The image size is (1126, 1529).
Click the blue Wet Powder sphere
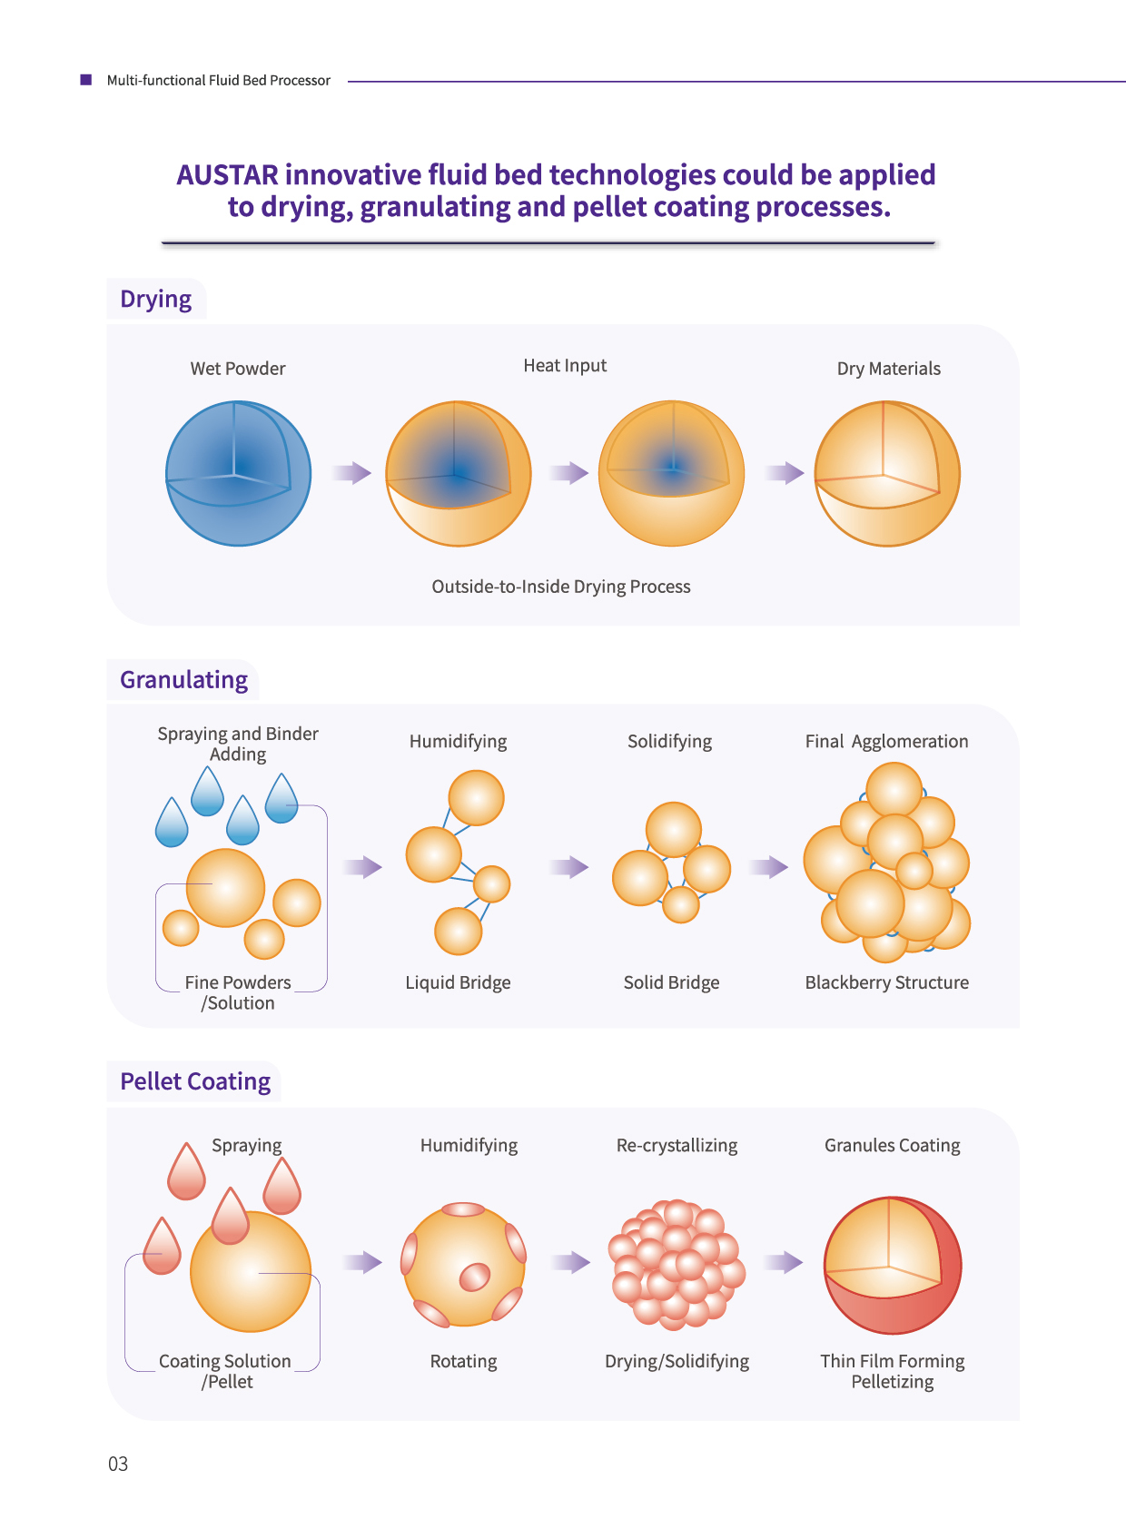pos(238,473)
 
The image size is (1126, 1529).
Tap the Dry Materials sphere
pos(887,473)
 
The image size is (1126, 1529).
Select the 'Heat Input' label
pos(565,366)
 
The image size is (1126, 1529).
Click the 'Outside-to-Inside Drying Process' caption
pos(560,587)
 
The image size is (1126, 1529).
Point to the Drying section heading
pos(155,299)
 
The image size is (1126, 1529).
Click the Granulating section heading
pos(183,680)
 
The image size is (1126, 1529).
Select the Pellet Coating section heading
pos(195,1081)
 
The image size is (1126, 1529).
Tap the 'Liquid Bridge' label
pos(458,982)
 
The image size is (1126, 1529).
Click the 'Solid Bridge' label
pos(671,982)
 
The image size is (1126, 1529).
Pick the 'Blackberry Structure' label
pos(886,982)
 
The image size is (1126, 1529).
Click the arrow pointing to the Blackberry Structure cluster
pos(769,867)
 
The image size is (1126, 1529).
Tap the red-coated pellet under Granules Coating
pos(893,1265)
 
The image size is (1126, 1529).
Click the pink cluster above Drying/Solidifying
pos(676,1264)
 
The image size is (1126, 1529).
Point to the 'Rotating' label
pos(464,1361)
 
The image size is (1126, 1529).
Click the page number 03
pos(118,1464)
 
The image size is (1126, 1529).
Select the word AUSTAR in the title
pos(227,174)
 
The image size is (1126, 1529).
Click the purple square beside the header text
pos(86,80)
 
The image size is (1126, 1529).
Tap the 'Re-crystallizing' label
pos(677,1145)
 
